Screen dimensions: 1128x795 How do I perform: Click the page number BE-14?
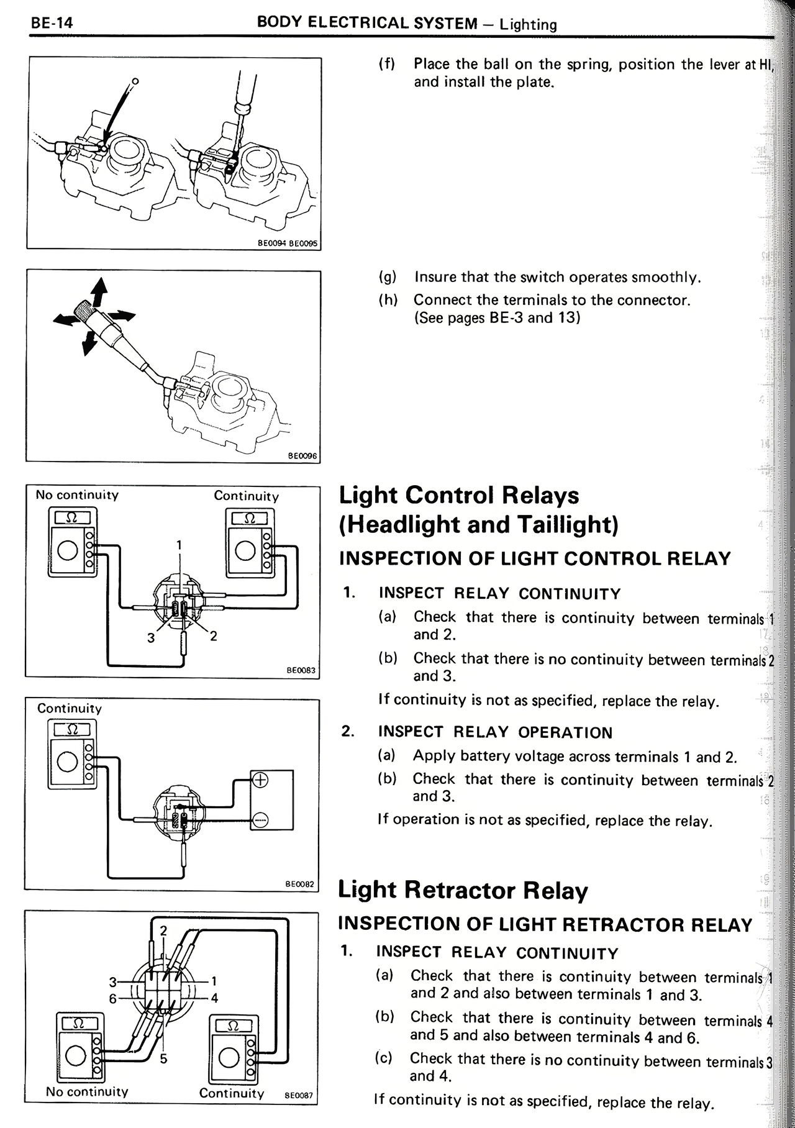click(x=52, y=23)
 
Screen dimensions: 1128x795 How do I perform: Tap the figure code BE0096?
click(x=302, y=456)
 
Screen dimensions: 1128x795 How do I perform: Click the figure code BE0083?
click(x=301, y=670)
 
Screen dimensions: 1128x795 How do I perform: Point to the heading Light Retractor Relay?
click(x=463, y=890)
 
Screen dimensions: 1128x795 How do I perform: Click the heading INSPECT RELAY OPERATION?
click(x=495, y=732)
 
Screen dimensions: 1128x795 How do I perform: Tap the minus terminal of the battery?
click(x=261, y=817)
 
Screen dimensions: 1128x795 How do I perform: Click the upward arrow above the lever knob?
click(x=99, y=289)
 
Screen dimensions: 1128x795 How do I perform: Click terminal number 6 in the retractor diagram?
click(x=112, y=998)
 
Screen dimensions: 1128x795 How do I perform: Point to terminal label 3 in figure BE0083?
click(x=150, y=638)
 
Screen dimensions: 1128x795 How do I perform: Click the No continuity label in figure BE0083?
click(x=77, y=495)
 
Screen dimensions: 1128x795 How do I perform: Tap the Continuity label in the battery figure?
click(x=70, y=708)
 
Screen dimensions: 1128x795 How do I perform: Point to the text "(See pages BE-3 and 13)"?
click(x=497, y=318)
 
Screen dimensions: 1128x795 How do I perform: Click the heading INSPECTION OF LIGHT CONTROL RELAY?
click(x=535, y=558)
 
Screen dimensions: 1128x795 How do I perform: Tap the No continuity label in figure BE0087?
click(x=87, y=1091)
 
